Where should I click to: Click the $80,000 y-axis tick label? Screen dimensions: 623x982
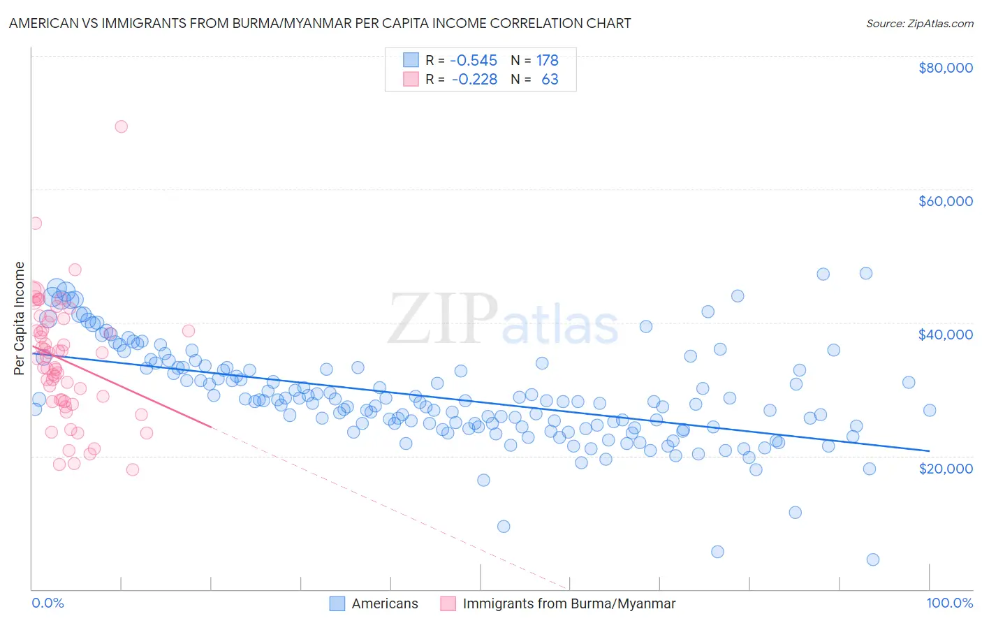945,68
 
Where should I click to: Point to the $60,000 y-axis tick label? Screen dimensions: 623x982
945,201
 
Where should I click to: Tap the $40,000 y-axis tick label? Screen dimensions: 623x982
945,335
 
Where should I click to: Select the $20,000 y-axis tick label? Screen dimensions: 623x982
945,468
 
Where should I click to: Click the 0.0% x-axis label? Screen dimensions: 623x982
47,603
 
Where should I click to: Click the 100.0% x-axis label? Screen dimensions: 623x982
949,603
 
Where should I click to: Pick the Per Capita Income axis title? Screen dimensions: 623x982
20,318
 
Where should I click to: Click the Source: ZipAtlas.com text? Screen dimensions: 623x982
919,24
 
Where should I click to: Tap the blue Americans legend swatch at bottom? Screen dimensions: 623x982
337,603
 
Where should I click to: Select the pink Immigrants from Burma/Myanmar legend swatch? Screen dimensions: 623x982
448,603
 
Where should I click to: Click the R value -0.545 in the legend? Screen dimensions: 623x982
474,61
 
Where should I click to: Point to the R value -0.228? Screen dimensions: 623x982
474,80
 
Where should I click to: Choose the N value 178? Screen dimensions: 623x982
547,61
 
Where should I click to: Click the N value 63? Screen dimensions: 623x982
550,80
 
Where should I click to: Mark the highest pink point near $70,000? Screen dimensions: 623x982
121,126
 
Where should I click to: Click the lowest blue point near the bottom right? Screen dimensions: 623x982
872,559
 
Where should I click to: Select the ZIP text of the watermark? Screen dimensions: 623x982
442,319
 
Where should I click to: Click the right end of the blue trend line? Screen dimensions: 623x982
929,450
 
